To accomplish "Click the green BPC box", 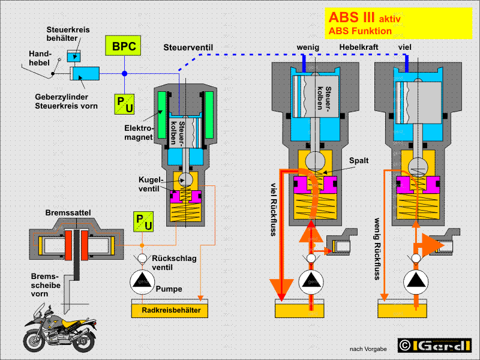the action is click(x=123, y=46).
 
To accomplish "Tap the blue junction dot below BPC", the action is click(x=124, y=73).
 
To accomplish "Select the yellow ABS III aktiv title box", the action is click(x=398, y=23).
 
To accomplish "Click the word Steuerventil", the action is click(x=188, y=48).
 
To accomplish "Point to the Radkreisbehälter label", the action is click(x=171, y=310).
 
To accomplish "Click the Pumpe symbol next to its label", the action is click(x=142, y=282).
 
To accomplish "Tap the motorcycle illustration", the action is click(x=60, y=328).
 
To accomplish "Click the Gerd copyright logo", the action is click(x=434, y=346).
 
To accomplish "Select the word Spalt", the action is click(x=359, y=160).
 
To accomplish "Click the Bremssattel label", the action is click(x=68, y=213).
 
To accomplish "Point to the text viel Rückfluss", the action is click(x=274, y=209).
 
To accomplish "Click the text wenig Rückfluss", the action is click(x=377, y=249).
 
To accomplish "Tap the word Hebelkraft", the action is click(x=358, y=47).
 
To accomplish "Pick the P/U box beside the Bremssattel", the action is click(x=143, y=221).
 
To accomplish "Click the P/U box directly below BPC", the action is click(x=124, y=104).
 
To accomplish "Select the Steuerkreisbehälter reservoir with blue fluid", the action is click(x=74, y=56).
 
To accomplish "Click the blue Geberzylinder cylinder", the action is click(x=85, y=73).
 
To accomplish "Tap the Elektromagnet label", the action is click(x=139, y=132).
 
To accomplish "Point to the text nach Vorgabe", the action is click(x=368, y=349).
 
